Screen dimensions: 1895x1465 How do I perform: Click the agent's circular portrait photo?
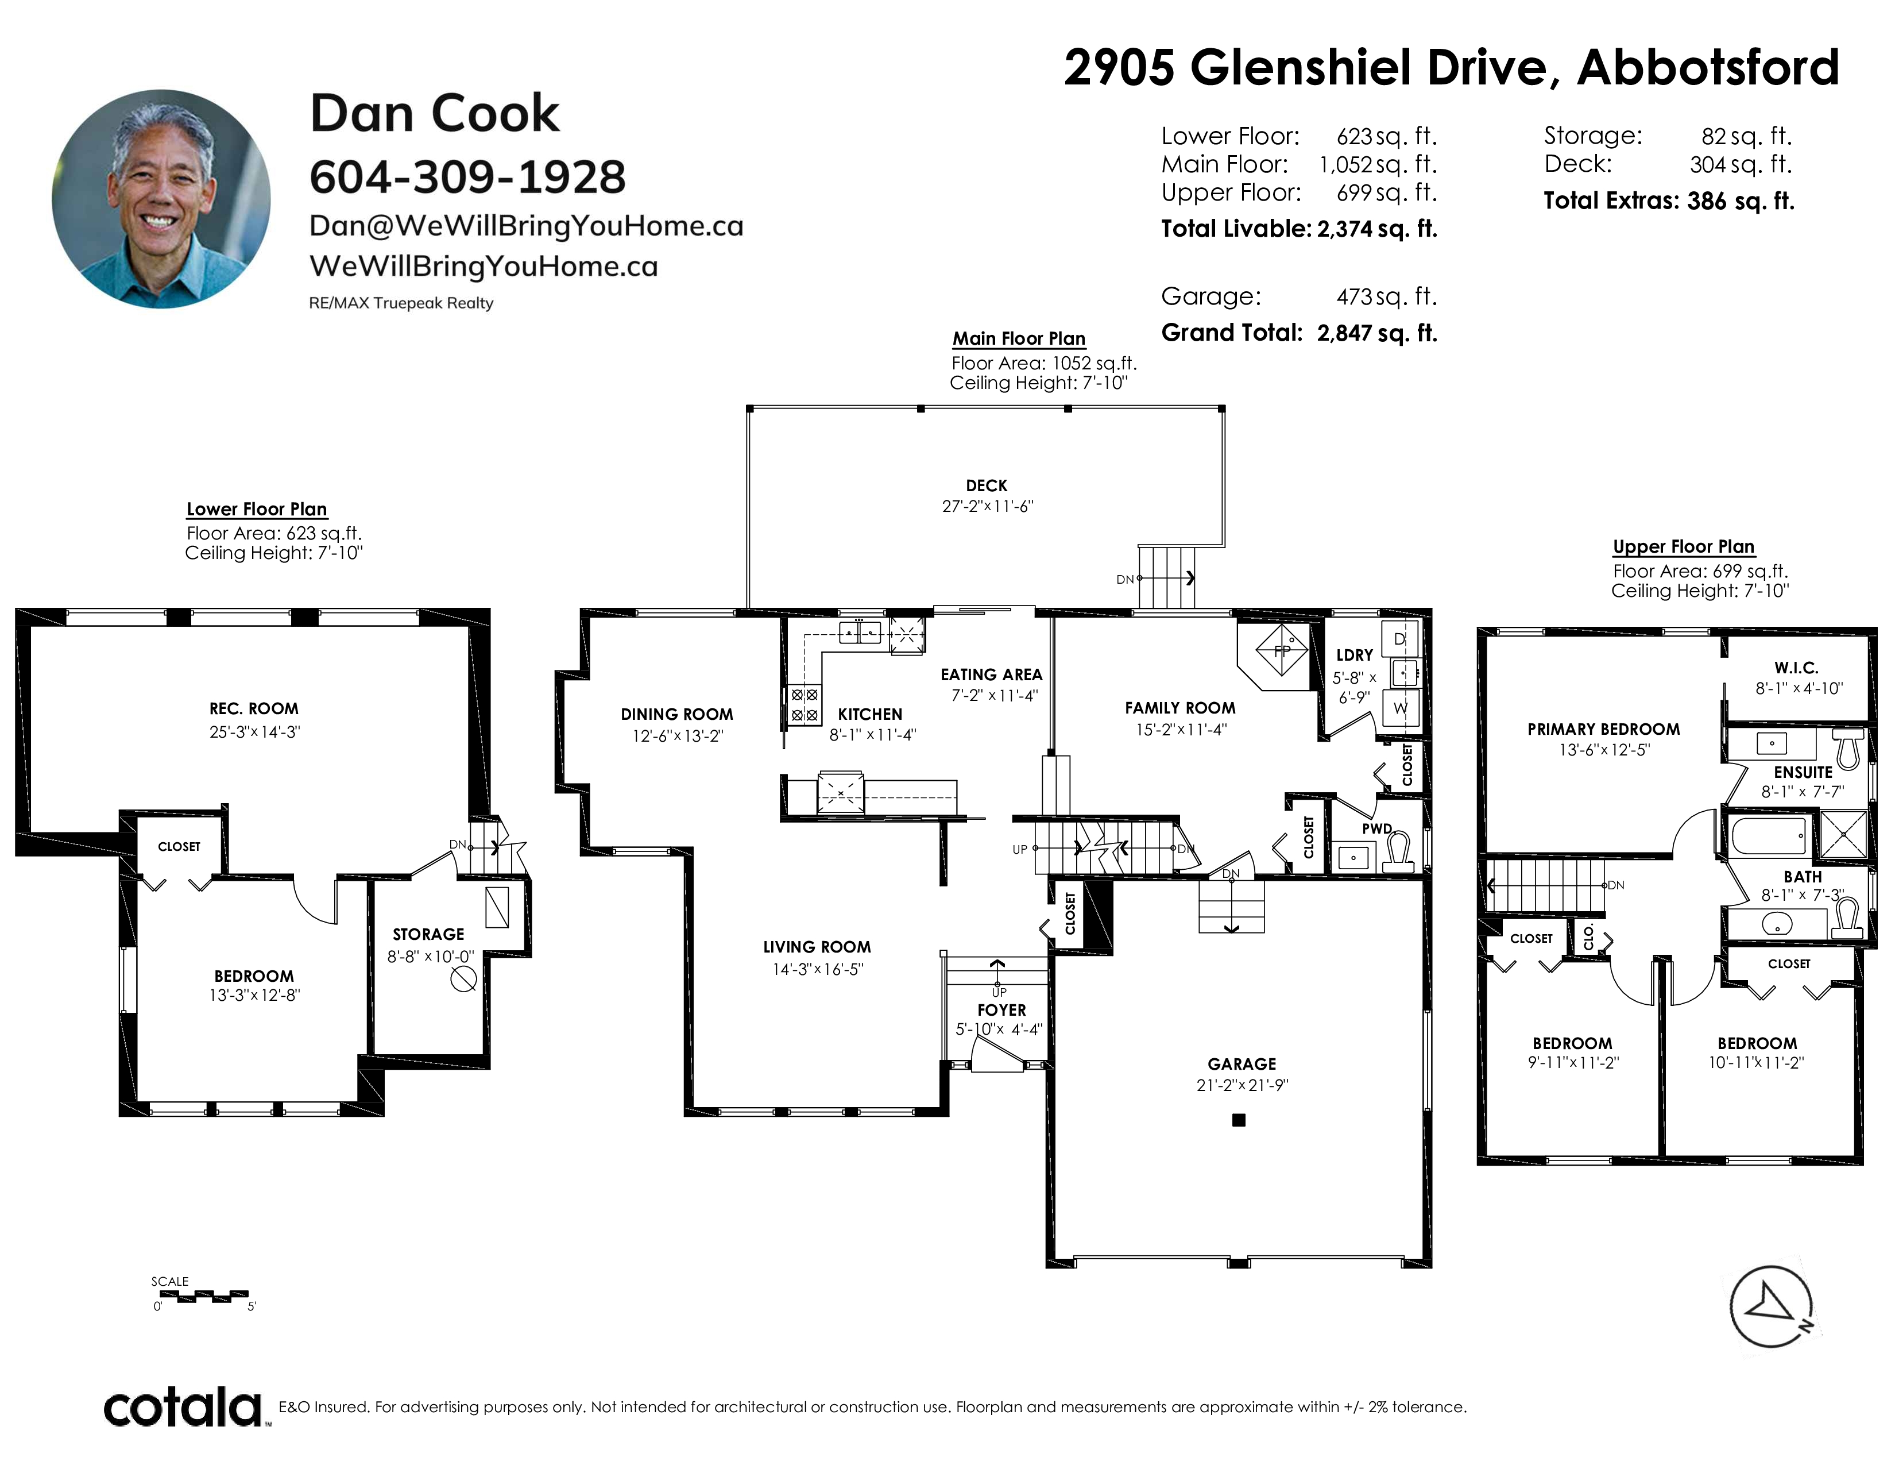coord(161,199)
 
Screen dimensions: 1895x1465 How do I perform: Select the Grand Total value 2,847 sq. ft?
coord(1377,333)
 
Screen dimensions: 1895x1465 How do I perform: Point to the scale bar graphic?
coord(205,1296)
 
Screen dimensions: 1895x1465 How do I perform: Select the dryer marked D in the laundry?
coord(1399,639)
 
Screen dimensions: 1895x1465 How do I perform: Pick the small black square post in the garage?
coord(1239,1120)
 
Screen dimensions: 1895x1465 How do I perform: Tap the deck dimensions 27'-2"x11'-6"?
coord(988,506)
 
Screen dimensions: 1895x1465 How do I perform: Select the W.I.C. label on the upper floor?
coord(1796,668)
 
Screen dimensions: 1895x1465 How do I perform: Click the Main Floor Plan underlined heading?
coord(1019,338)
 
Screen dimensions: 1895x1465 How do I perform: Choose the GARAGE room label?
coord(1242,1064)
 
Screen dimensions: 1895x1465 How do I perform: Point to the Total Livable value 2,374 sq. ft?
coord(1377,229)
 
